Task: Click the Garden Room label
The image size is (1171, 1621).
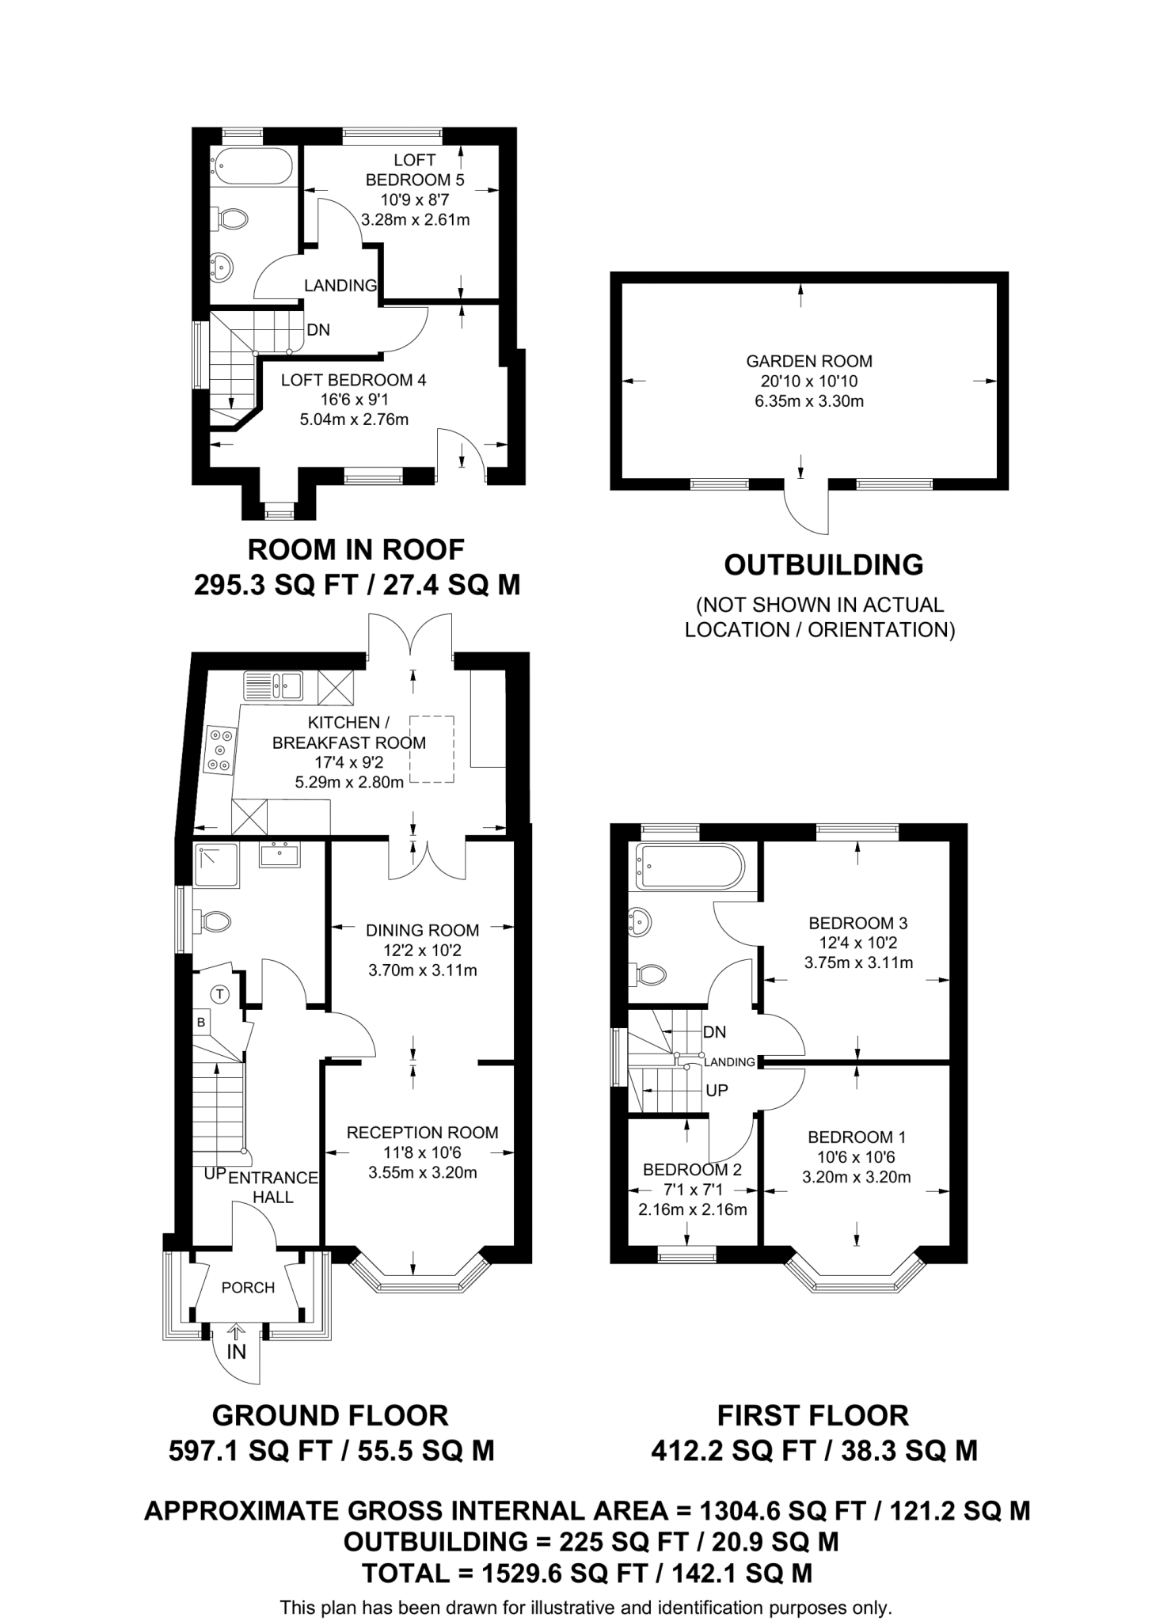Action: point(808,362)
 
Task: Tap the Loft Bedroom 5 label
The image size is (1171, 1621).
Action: point(414,169)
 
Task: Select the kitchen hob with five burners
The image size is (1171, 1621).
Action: point(219,749)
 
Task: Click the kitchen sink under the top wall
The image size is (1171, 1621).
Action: point(273,685)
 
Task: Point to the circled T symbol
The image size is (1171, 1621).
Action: point(221,993)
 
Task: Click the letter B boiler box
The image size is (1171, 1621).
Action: point(201,1023)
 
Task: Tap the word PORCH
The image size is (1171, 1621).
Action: point(248,1288)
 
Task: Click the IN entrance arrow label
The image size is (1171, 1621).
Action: point(236,1352)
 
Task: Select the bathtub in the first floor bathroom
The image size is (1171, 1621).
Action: point(690,866)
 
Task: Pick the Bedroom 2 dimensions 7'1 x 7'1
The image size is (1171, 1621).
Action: point(692,1190)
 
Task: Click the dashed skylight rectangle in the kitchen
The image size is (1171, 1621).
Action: point(432,749)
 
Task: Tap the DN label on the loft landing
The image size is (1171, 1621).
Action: point(318,330)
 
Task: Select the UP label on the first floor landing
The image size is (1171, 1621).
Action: point(717,1091)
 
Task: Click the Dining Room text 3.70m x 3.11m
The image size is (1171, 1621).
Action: point(422,970)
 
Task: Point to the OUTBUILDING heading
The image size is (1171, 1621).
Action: point(823,564)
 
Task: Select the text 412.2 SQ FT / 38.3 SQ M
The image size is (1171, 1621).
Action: point(814,1451)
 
